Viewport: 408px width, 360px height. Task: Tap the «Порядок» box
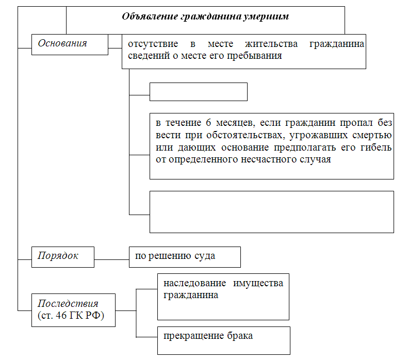click(63, 257)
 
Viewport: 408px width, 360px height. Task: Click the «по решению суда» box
click(185, 257)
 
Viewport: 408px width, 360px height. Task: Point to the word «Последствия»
click(68, 303)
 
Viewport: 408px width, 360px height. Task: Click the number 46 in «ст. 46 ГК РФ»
click(61, 315)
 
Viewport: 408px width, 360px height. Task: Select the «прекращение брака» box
click(224, 340)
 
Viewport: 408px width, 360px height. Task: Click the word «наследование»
click(194, 283)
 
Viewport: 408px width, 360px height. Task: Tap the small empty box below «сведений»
click(199, 92)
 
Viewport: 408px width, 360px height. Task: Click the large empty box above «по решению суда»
click(272, 212)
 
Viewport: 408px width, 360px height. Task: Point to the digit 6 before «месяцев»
click(208, 123)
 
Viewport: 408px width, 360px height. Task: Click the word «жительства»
click(271, 44)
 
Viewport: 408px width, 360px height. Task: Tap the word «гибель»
click(376, 148)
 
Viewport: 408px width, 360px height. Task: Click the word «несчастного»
click(269, 159)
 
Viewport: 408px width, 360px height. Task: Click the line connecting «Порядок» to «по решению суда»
click(111, 259)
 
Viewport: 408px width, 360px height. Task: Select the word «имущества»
click(258, 283)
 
